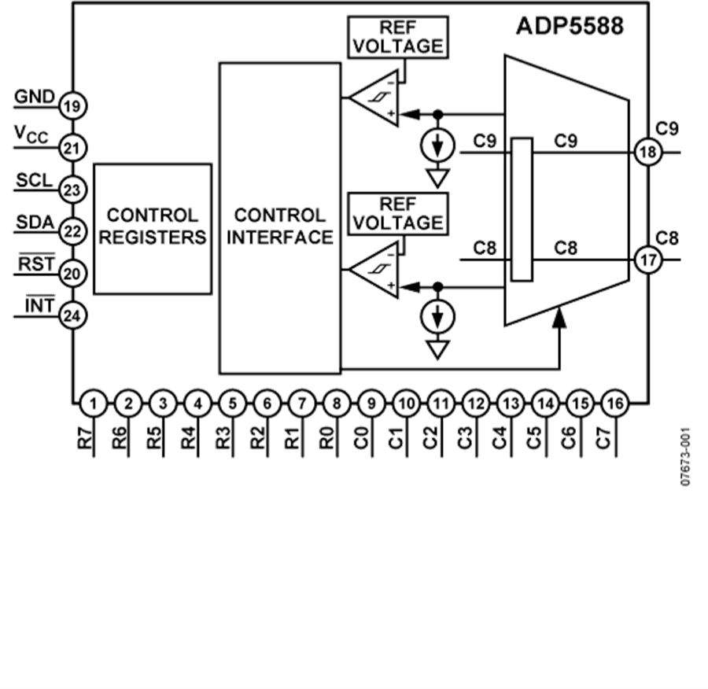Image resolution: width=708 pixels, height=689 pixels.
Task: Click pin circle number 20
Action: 74,273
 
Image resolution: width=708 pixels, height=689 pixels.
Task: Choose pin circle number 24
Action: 74,315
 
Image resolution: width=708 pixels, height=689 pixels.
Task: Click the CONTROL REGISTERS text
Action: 153,227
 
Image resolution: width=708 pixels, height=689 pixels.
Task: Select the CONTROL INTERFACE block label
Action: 279,227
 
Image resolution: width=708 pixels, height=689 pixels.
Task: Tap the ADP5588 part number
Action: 570,25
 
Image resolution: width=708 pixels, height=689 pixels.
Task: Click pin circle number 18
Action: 647,153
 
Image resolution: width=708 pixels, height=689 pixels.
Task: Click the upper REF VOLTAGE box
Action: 396,37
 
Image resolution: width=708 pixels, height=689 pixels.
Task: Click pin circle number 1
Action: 93,404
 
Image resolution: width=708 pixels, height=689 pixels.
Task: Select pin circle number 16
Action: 614,404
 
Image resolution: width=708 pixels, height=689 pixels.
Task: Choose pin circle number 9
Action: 371,404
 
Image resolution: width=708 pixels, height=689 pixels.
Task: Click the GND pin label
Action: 35,97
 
